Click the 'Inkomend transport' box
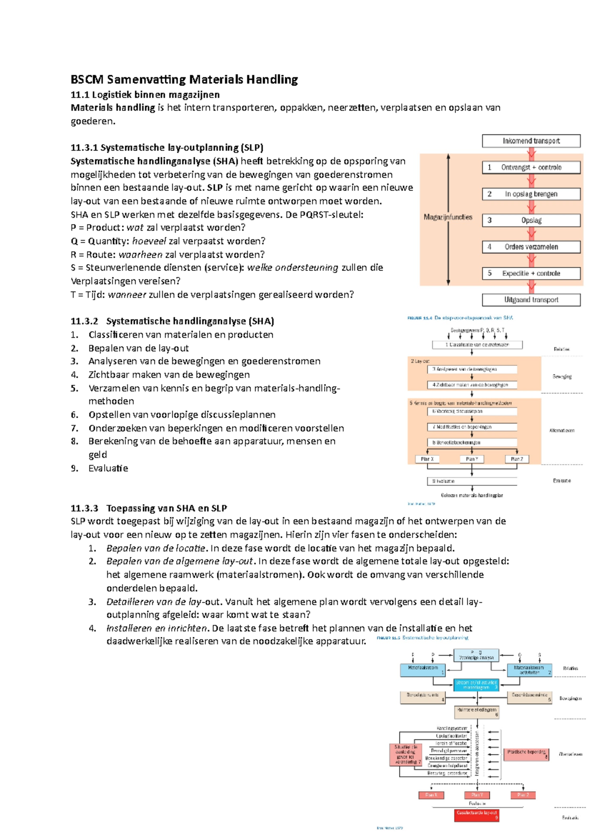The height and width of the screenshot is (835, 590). click(x=531, y=141)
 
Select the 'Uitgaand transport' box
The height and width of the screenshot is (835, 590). click(x=531, y=300)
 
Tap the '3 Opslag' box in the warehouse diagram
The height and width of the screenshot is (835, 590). click(x=531, y=220)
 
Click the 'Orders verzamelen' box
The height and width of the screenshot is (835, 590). click(x=531, y=247)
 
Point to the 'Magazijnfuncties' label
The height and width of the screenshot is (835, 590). click(x=448, y=217)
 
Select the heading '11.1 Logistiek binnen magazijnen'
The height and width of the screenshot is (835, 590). click(x=145, y=94)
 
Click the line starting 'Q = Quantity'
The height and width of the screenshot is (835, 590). click(x=168, y=241)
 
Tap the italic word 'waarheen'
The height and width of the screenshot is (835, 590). click(x=140, y=255)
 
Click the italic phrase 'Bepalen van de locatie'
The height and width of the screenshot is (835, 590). click(x=156, y=548)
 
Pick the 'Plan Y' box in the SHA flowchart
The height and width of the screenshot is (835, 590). click(x=472, y=459)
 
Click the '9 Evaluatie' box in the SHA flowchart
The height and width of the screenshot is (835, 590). click(x=472, y=481)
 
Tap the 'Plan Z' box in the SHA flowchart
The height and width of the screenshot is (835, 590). click(x=517, y=459)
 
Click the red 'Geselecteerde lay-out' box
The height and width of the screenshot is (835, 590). click(x=476, y=815)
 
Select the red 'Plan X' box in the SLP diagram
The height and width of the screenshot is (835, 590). click(x=431, y=795)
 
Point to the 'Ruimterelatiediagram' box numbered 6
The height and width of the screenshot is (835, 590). click(x=476, y=712)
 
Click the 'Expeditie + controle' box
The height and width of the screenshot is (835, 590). click(x=531, y=273)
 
